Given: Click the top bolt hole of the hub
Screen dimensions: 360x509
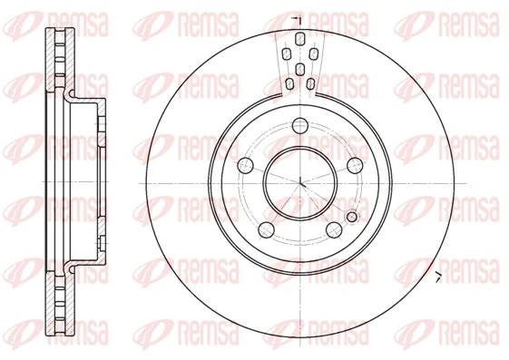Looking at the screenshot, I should point(300,124).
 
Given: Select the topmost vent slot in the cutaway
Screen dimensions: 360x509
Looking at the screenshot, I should point(300,38).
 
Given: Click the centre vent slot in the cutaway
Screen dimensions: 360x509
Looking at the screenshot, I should point(300,69).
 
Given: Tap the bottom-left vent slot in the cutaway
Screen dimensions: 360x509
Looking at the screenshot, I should point(289,86).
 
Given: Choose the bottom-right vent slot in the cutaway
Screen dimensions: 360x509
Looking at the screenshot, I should point(311,85).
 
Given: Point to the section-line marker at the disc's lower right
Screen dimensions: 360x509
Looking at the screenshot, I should point(437,276).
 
